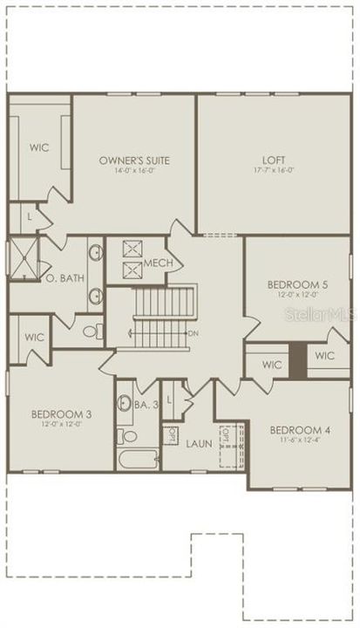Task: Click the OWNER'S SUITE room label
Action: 133,160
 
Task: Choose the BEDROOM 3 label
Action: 57,413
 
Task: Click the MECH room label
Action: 158,264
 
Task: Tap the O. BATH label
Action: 62,278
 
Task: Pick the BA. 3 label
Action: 146,404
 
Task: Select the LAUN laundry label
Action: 199,443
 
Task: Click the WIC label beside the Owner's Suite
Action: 38,147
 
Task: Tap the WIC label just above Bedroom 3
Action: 34,337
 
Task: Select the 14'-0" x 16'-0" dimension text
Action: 133,170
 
